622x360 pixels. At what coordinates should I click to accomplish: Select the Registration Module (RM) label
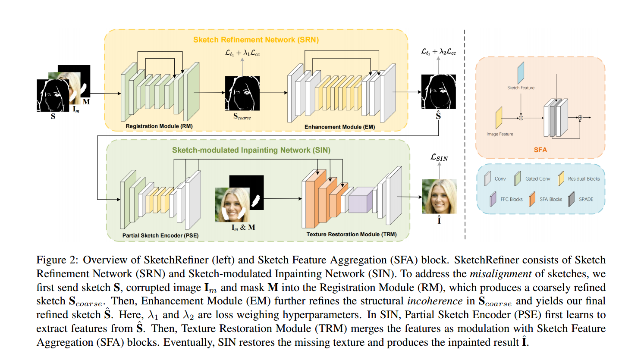(153, 126)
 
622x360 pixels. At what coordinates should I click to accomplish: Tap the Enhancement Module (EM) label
(339, 127)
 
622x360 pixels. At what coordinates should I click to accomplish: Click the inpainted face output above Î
(439, 196)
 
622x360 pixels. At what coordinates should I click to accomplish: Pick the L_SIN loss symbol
(440, 158)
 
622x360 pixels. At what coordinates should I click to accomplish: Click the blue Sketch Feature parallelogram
(520, 71)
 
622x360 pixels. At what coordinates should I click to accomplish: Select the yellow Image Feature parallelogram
(499, 118)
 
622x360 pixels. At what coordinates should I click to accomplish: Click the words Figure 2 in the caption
(55, 260)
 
